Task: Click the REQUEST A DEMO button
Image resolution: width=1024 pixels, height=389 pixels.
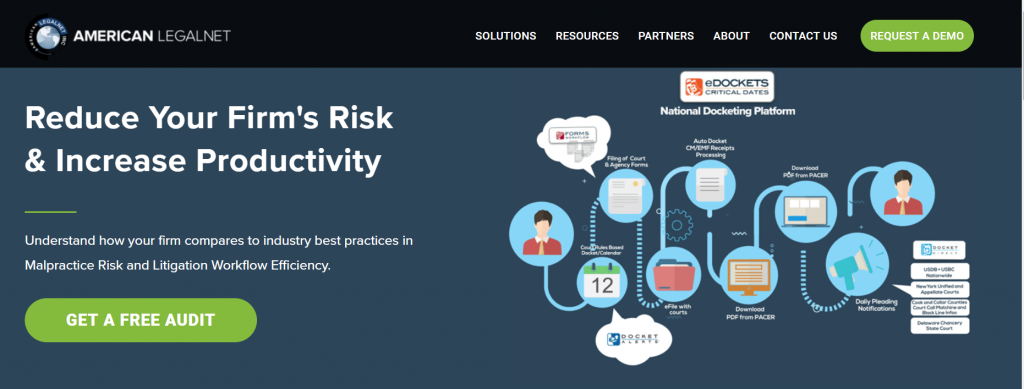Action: pos(916,35)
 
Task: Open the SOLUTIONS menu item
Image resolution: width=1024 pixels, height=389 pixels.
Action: pos(505,36)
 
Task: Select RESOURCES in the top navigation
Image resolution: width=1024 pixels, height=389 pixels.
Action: pos(587,36)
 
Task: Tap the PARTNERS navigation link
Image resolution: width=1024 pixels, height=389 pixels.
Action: pos(666,36)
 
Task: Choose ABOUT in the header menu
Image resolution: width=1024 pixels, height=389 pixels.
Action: pos(731,36)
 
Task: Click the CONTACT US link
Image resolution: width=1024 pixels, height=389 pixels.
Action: pos(803,36)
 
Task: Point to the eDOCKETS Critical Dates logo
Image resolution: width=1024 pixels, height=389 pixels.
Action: pos(727,85)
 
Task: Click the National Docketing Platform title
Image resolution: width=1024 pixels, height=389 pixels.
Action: pos(727,112)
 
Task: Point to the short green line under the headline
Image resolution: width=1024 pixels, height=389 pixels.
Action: pos(50,212)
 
